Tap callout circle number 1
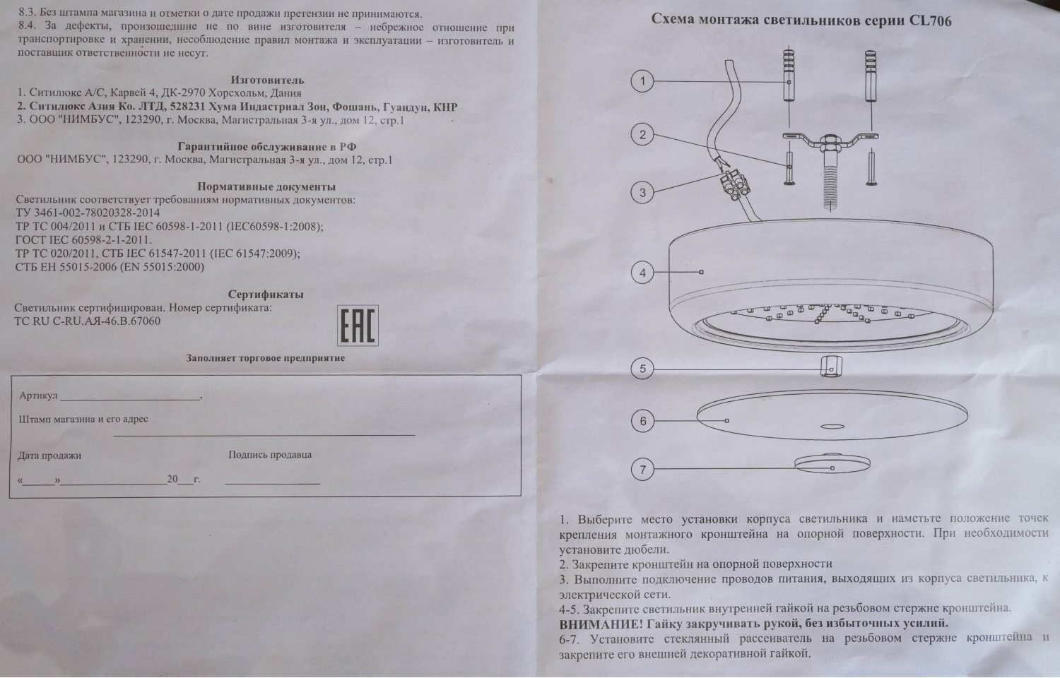(642, 82)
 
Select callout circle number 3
(642, 192)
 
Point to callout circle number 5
(642, 369)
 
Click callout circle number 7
(642, 469)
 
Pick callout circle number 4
(642, 273)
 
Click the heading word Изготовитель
(267, 80)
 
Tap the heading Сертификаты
(266, 295)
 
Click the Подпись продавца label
(270, 455)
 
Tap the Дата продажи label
(49, 456)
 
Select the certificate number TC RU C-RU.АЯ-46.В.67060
(88, 321)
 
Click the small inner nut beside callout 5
(831, 367)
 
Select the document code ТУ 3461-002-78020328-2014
(88, 213)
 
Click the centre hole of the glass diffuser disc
(831, 426)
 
